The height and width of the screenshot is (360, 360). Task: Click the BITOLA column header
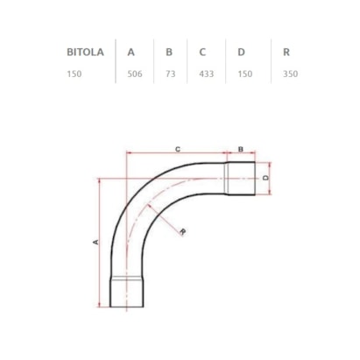(x=85, y=52)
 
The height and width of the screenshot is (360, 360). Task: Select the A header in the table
(x=131, y=52)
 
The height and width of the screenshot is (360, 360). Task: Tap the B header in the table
(x=169, y=52)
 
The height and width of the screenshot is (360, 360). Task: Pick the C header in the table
(x=203, y=52)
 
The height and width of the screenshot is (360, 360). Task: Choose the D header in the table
(x=241, y=52)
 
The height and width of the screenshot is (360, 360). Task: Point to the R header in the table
(x=286, y=52)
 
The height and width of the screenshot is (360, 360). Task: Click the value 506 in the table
(x=134, y=74)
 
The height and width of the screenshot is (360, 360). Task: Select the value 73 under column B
(x=170, y=74)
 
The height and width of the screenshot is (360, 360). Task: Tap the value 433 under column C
(x=207, y=74)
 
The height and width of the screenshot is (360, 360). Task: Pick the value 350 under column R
(x=290, y=74)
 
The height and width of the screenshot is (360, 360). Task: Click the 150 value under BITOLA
(x=74, y=74)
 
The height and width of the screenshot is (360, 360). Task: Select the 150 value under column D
(x=244, y=74)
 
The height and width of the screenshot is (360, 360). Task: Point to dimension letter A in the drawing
(x=95, y=241)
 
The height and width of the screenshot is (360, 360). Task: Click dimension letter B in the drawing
(x=240, y=151)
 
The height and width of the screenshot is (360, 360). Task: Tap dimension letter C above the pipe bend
(x=177, y=151)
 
